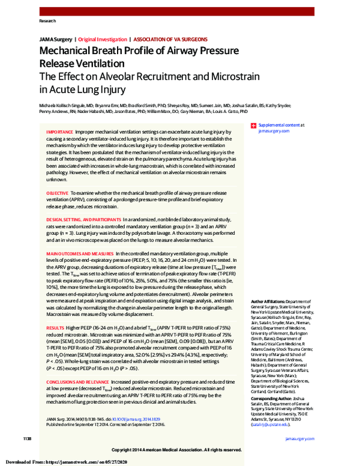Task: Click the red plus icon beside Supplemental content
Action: pos(254,125)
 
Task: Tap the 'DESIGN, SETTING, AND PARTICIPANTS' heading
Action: pos(83,220)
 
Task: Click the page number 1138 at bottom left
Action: pos(28,438)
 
